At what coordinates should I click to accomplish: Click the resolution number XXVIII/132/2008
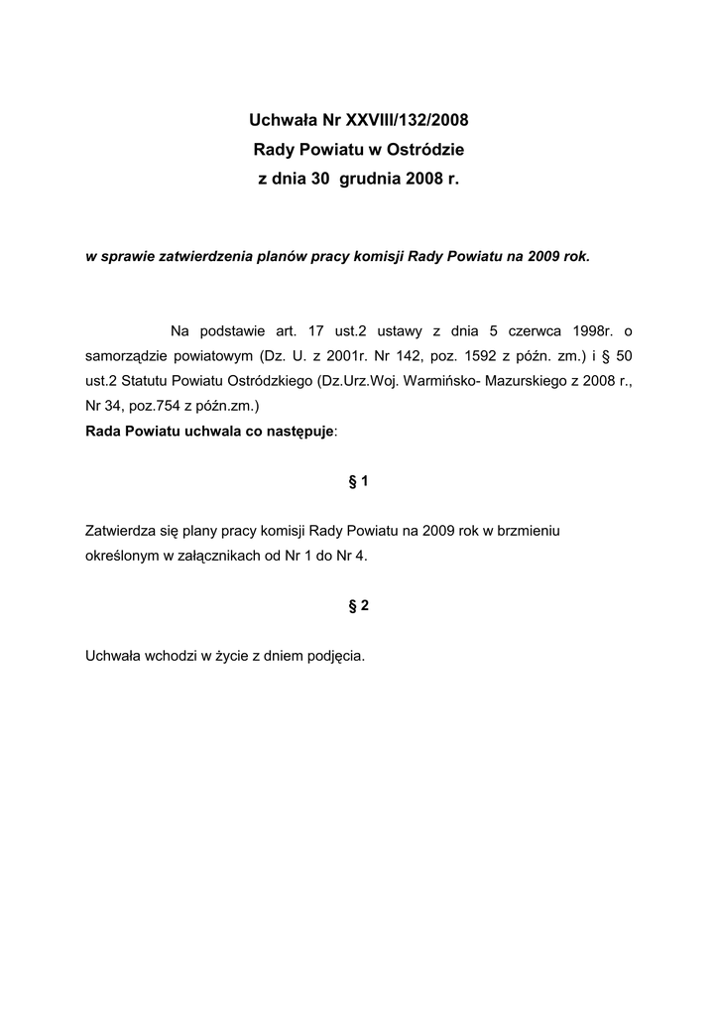[x=406, y=121]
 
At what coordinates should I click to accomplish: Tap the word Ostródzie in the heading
[x=427, y=151]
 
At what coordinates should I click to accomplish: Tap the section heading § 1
[x=359, y=481]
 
